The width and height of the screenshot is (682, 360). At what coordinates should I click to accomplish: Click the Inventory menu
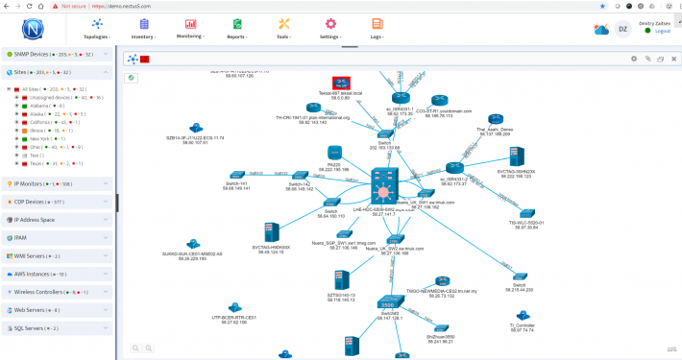click(144, 28)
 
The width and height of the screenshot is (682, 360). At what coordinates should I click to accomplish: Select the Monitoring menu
click(190, 28)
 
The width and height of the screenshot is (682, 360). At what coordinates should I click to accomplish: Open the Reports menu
click(236, 28)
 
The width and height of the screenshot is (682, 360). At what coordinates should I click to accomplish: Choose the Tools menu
click(283, 28)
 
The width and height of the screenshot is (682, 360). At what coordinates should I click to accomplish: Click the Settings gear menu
click(330, 28)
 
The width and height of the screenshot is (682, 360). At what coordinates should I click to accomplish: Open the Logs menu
click(377, 28)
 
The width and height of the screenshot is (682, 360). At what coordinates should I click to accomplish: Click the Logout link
click(662, 32)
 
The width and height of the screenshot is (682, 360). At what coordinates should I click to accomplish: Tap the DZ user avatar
click(622, 28)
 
